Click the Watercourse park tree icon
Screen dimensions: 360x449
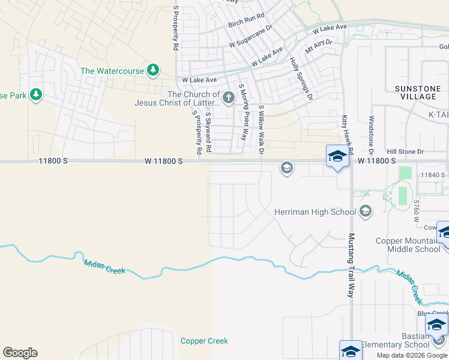(153, 70)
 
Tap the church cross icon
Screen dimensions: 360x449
(228, 98)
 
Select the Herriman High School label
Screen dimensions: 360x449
(315, 212)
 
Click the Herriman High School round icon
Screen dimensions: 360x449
(366, 211)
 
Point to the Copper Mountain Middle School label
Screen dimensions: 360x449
(408, 245)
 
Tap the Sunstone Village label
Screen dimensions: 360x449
(417, 92)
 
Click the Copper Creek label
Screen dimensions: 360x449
(204, 341)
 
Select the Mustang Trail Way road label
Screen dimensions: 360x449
(351, 265)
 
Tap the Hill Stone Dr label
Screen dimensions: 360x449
(405, 152)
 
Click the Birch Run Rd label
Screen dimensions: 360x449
(246, 25)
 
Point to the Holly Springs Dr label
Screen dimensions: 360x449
(301, 79)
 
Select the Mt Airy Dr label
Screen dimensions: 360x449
(318, 47)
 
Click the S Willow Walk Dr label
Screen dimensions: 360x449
(261, 129)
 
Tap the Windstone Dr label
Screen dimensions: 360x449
(372, 134)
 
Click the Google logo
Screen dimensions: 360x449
(20, 353)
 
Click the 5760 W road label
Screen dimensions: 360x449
(415, 211)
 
